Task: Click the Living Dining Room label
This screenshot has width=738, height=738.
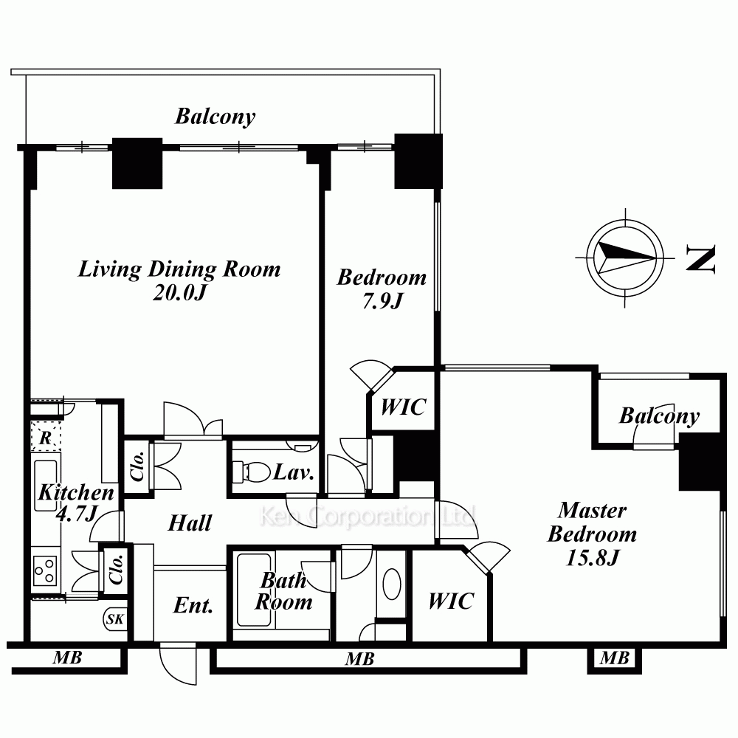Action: point(179,269)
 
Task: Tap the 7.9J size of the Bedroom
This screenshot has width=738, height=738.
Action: point(382,300)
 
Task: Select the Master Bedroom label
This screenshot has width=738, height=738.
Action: point(592,522)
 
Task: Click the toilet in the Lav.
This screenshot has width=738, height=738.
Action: point(252,471)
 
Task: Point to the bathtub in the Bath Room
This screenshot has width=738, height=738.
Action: point(254,590)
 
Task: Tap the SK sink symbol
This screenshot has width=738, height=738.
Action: point(115,619)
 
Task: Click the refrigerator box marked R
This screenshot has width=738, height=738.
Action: point(46,437)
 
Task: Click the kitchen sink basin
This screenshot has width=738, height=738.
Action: point(46,486)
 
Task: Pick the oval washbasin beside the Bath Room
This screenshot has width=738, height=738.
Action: point(392,584)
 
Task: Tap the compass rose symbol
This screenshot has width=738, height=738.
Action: point(625,258)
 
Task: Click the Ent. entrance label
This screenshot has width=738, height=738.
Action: point(193,605)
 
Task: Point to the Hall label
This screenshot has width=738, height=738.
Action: point(190,523)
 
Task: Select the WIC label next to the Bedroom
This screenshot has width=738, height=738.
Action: point(404,407)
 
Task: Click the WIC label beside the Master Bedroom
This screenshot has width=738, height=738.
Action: point(450,601)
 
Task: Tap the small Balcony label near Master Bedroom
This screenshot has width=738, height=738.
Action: point(659,416)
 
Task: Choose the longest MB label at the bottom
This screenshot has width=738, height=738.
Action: point(359,659)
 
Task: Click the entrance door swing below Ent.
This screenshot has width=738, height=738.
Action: point(177,664)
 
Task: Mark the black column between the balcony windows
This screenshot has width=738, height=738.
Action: point(137,163)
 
